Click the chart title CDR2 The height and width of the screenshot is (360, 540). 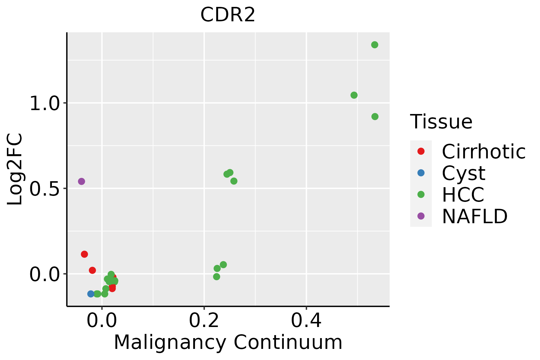coord(228,15)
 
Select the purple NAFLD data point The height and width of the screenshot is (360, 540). coord(81,181)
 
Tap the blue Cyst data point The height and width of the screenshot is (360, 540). coord(91,294)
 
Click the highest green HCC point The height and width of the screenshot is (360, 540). coord(375,45)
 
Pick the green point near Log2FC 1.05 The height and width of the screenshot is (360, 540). coord(354,95)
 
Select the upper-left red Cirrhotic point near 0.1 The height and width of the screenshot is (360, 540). coord(84,254)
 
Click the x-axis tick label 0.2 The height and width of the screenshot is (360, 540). coord(204,320)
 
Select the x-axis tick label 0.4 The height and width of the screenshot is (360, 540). coord(306,320)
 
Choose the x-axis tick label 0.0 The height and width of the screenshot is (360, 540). coord(102,320)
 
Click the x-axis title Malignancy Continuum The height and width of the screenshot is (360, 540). coord(228,342)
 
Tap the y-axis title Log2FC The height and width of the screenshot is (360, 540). coord(15,169)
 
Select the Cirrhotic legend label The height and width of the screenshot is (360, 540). coord(484,151)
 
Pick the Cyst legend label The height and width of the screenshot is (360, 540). coord(463,173)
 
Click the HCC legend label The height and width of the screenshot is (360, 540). coord(463,194)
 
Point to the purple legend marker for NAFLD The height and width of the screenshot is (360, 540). coord(421,216)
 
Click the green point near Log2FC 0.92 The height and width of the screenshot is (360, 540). coord(375,116)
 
